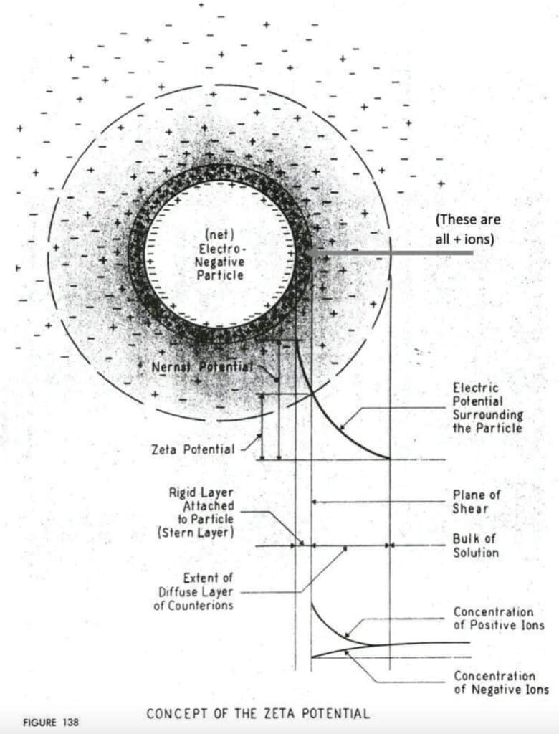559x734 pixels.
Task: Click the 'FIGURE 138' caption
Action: (50, 722)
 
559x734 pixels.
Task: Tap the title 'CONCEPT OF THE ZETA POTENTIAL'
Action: (258, 714)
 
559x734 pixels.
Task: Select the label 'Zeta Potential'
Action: (193, 449)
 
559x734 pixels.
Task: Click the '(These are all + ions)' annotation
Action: (468, 229)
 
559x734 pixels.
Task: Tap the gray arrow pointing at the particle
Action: (387, 252)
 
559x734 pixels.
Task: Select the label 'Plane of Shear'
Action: (477, 501)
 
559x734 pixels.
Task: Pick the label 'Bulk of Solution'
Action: (475, 545)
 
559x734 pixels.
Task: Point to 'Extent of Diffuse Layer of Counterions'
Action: (196, 591)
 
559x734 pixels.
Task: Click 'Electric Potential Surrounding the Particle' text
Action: (487, 407)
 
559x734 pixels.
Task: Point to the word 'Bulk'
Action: (466, 538)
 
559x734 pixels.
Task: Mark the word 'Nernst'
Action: (170, 366)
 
